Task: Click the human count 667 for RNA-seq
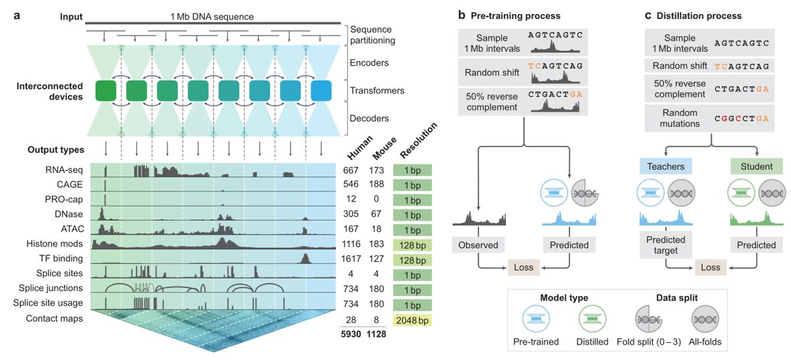click(351, 171)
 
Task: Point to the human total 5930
click(351, 334)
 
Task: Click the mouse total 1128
click(376, 334)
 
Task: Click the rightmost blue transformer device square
click(322, 91)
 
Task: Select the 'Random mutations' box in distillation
click(686, 118)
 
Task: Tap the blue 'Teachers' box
click(666, 167)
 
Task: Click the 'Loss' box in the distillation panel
click(710, 267)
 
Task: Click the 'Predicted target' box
click(666, 245)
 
